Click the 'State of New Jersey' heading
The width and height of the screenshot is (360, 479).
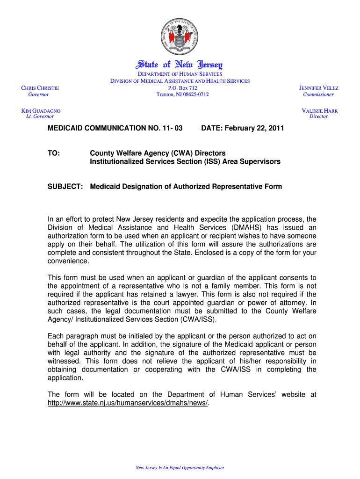click(x=180, y=65)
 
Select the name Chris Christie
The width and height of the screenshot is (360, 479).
click(x=40, y=88)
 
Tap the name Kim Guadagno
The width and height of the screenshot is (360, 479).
click(x=41, y=111)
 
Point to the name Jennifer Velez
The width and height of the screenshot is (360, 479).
click(x=319, y=88)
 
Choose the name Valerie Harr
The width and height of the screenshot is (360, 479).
click(x=319, y=111)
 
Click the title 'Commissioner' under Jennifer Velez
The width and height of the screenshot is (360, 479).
click(x=318, y=94)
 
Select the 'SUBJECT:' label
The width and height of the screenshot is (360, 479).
click(x=65, y=187)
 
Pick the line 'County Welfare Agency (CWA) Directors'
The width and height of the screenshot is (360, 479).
click(x=158, y=153)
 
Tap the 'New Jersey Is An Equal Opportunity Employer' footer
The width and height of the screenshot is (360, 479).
click(x=180, y=467)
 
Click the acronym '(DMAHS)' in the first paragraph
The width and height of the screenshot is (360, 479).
click(x=245, y=228)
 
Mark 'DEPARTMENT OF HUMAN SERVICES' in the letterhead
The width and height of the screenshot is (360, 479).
click(x=180, y=74)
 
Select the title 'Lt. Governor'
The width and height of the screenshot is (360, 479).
click(x=40, y=116)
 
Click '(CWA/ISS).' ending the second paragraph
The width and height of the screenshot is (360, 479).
click(x=197, y=320)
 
